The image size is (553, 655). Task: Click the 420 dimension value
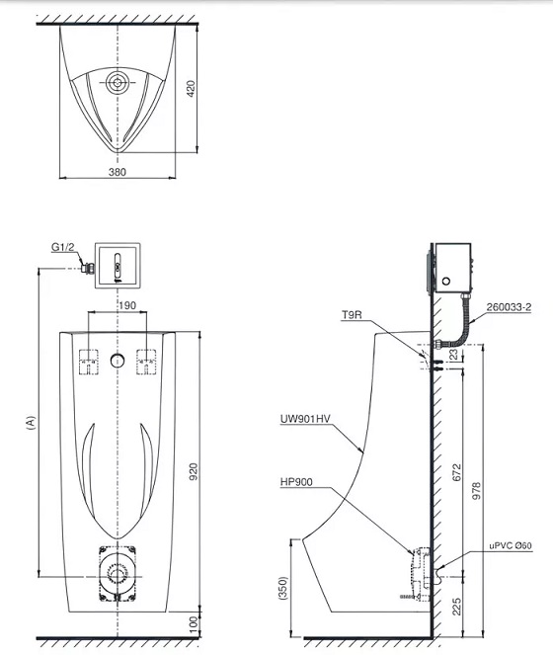pos(191,89)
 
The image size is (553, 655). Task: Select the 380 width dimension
pos(117,171)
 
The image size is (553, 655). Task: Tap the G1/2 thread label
pos(62,247)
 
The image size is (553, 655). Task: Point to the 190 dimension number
pos(127,305)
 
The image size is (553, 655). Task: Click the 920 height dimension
pos(194,471)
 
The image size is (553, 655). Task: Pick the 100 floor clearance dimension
pos(194,624)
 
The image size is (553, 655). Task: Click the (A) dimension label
pos(31,422)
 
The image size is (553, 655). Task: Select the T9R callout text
pos(352,314)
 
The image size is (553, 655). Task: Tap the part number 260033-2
pos(509,307)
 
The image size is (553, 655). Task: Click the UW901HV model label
pos(305,419)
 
